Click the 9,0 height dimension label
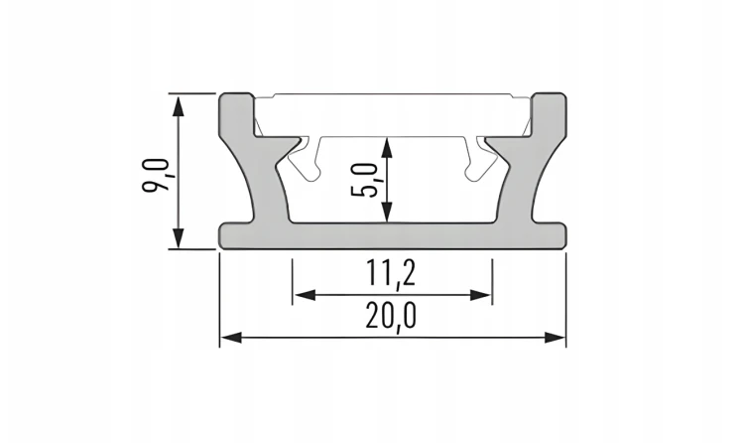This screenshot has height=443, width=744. pyautogui.click(x=156, y=175)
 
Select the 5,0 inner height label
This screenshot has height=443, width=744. pyautogui.click(x=364, y=180)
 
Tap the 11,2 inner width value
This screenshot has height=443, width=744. pyautogui.click(x=391, y=274)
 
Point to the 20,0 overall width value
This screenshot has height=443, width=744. pyautogui.click(x=391, y=316)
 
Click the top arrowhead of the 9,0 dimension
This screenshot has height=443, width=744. pyautogui.click(x=178, y=105)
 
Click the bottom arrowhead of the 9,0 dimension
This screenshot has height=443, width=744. pyautogui.click(x=178, y=237)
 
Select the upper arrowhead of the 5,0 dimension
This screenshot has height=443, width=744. pyautogui.click(x=387, y=148)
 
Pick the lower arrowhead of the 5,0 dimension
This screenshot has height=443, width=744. pyautogui.click(x=387, y=212)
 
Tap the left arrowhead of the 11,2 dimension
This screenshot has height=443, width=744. pyautogui.click(x=305, y=295)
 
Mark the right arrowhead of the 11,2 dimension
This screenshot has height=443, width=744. pyautogui.click(x=480, y=295)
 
